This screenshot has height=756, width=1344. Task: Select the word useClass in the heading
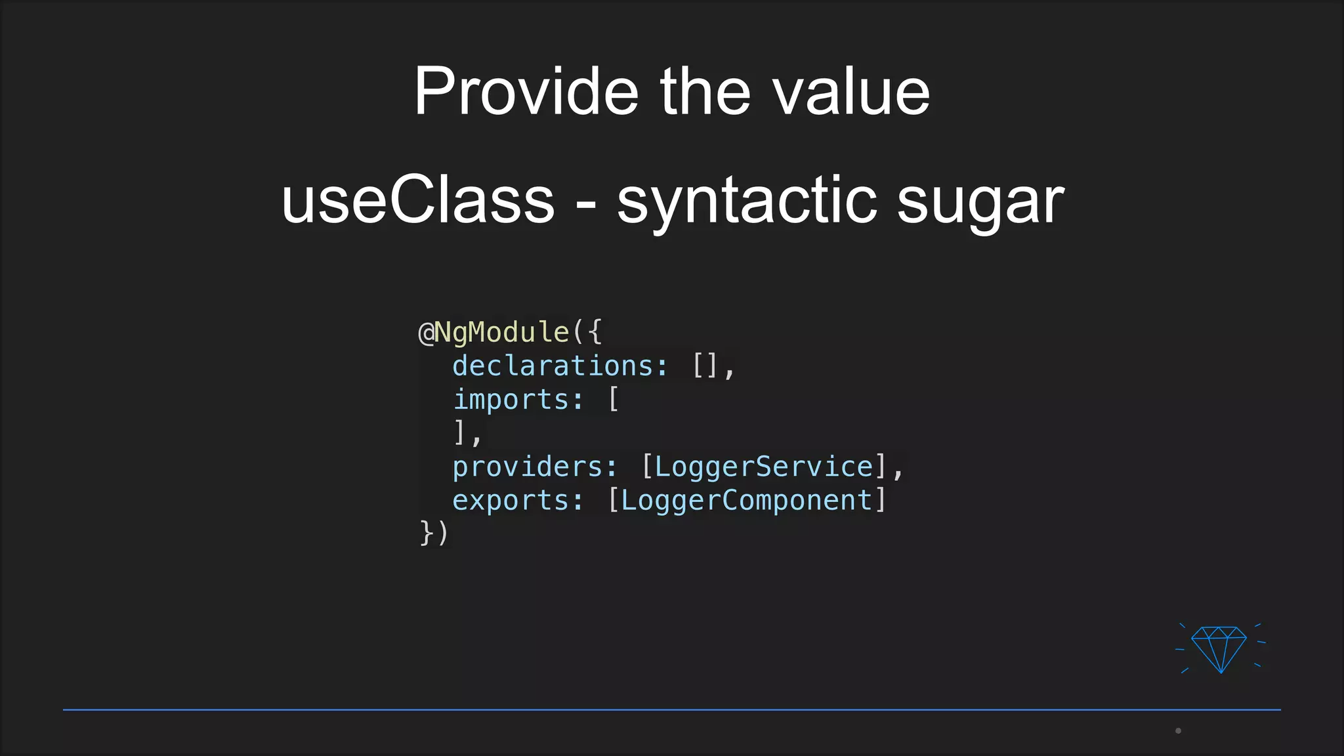click(x=418, y=200)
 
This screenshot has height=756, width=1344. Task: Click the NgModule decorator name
click(x=502, y=332)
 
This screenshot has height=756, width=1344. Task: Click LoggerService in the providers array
click(x=764, y=467)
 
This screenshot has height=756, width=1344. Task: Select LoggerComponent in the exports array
click(x=747, y=500)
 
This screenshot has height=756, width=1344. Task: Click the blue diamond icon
click(x=1219, y=648)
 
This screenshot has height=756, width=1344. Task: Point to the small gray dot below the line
click(x=1178, y=730)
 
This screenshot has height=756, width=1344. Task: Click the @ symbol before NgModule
click(x=426, y=333)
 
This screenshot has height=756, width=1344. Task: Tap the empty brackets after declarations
click(x=705, y=366)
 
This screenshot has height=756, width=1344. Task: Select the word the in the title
click(x=705, y=92)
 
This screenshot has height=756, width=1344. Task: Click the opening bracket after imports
click(x=614, y=399)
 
